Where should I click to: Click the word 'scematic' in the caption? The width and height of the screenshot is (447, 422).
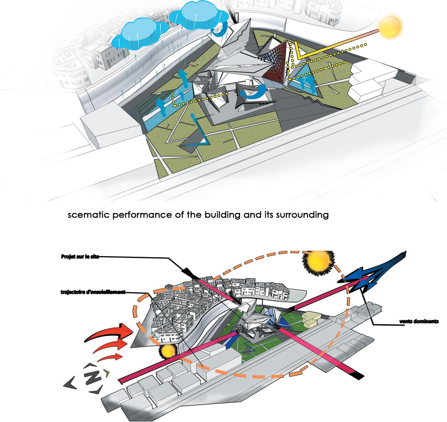click(85, 215)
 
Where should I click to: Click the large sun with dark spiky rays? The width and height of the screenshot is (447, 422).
click(316, 262)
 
